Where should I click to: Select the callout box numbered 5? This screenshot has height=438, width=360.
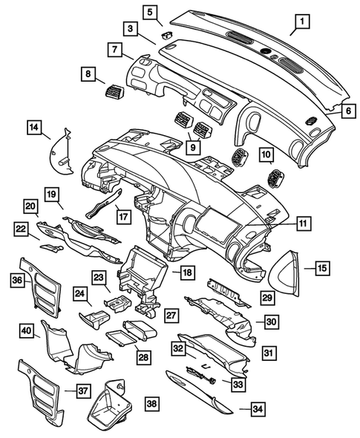pos(151,13)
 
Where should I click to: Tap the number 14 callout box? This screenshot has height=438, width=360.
pos(35,128)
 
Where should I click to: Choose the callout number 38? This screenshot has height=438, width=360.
pos(151,403)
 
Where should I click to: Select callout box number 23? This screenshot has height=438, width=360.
pos(100,277)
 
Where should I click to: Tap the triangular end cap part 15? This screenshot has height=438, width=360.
pos(287,271)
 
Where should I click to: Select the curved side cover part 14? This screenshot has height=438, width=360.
pos(59,153)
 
